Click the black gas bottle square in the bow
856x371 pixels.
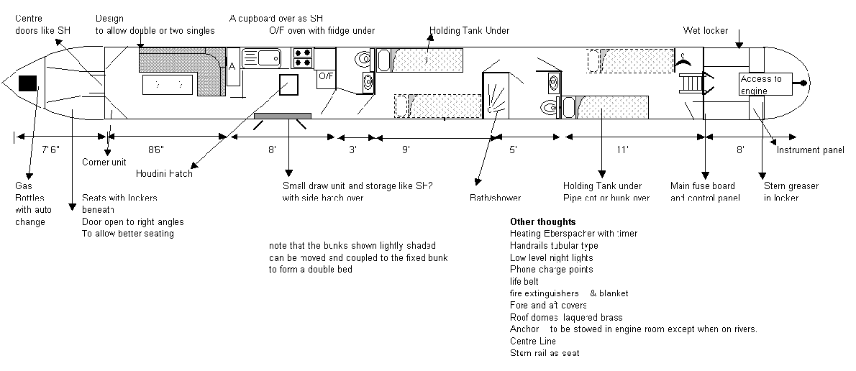[x=28, y=83]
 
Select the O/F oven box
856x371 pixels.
[x=325, y=75]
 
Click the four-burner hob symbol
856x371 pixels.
[x=302, y=58]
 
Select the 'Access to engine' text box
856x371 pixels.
[x=765, y=84]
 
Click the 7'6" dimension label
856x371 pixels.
[x=50, y=150]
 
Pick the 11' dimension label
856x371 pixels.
[x=623, y=150]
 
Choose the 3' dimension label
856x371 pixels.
[x=353, y=150]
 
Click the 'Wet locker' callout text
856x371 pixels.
[x=706, y=31]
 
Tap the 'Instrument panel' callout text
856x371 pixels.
[x=810, y=150]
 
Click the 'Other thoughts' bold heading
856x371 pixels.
[x=543, y=221]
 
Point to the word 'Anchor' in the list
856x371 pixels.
[x=524, y=329]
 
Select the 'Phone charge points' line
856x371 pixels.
[x=552, y=270]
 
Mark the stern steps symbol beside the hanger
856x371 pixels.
[x=689, y=84]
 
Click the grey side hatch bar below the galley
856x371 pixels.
[x=283, y=116]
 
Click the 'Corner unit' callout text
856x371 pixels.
[x=104, y=162]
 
